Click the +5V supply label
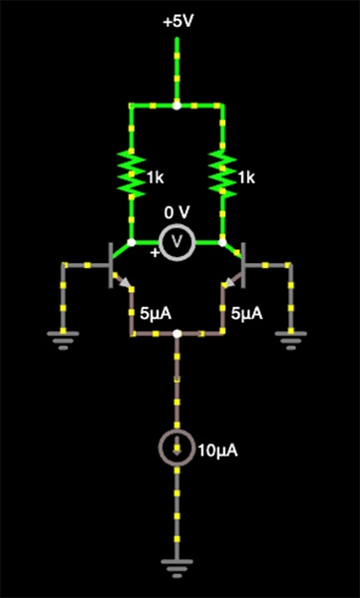(177, 21)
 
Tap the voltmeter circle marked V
(177, 241)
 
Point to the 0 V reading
(177, 212)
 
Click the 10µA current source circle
(177, 450)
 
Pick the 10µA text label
(217, 451)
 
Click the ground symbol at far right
(290, 341)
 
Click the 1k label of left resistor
(155, 177)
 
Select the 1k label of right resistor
(245, 177)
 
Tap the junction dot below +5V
(177, 104)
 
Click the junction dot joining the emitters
(177, 334)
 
